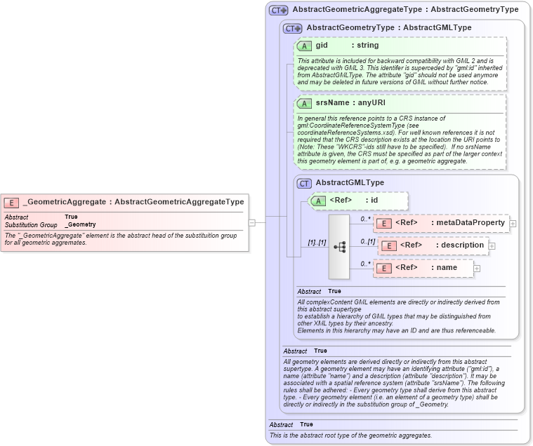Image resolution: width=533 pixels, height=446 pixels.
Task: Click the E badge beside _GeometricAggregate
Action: (11, 202)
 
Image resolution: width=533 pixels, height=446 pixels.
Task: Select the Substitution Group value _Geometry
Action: (81, 225)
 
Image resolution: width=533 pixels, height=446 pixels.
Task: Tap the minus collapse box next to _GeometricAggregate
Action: (252, 222)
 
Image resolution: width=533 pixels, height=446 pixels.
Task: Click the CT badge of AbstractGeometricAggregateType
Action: (279, 10)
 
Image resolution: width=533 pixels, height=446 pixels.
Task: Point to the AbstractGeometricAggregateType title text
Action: (405, 10)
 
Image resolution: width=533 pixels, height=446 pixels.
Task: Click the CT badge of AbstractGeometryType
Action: (293, 28)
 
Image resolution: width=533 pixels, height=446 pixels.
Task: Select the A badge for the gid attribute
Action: (305, 46)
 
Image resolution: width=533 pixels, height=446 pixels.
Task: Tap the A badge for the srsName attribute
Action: (305, 103)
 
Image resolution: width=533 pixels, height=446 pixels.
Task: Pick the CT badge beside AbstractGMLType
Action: (305, 183)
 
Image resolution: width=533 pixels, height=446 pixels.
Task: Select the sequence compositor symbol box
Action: (338, 247)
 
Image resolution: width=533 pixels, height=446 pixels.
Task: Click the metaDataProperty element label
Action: (469, 223)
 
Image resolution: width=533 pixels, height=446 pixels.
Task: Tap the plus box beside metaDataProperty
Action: (513, 224)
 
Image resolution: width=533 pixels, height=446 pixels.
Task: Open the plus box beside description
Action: (492, 246)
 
